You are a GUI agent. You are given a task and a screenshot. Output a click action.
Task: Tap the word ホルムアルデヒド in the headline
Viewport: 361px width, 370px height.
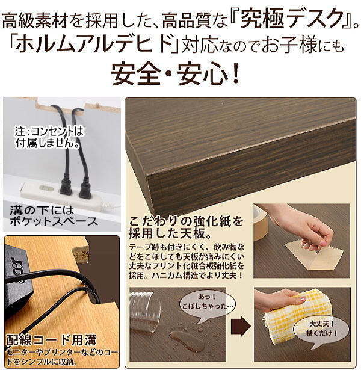click(93, 44)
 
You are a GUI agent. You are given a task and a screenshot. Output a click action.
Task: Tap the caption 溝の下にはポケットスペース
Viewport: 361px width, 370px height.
click(54, 217)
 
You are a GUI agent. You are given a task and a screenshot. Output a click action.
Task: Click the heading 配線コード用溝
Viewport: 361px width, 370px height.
click(51, 340)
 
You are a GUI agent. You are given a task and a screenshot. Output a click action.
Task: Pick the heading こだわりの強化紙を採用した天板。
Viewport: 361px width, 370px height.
click(186, 227)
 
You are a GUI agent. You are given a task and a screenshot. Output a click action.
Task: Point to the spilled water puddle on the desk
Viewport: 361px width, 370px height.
click(187, 341)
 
